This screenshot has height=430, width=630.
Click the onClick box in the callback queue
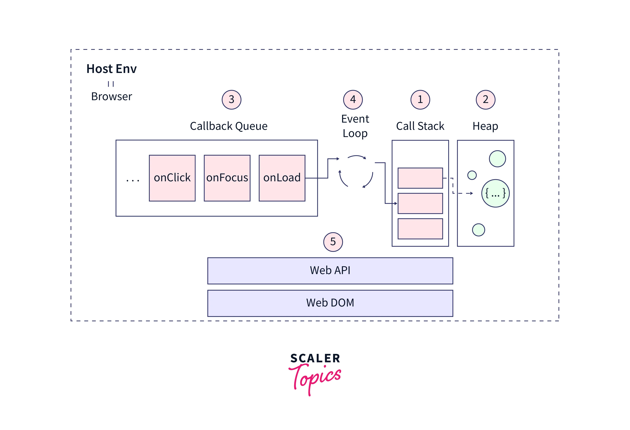pos(172,178)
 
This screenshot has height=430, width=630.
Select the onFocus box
pos(227,178)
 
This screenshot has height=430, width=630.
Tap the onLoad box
pos(282,178)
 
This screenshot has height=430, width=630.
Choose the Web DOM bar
pos(330,303)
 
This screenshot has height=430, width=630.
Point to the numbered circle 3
pos(232,100)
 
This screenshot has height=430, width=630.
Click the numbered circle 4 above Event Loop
pos(353,100)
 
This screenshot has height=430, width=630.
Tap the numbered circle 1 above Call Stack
pos(420,100)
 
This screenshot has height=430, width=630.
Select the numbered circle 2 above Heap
pos(486,100)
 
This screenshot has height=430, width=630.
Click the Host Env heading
pos(111,69)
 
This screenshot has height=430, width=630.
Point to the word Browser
pos(111,97)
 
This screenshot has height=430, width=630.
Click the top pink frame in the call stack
pos(420,178)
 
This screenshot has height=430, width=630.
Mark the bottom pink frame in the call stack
pos(420,229)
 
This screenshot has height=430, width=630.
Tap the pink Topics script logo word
pos(316,378)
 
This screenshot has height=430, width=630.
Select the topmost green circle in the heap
pos(497,159)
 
